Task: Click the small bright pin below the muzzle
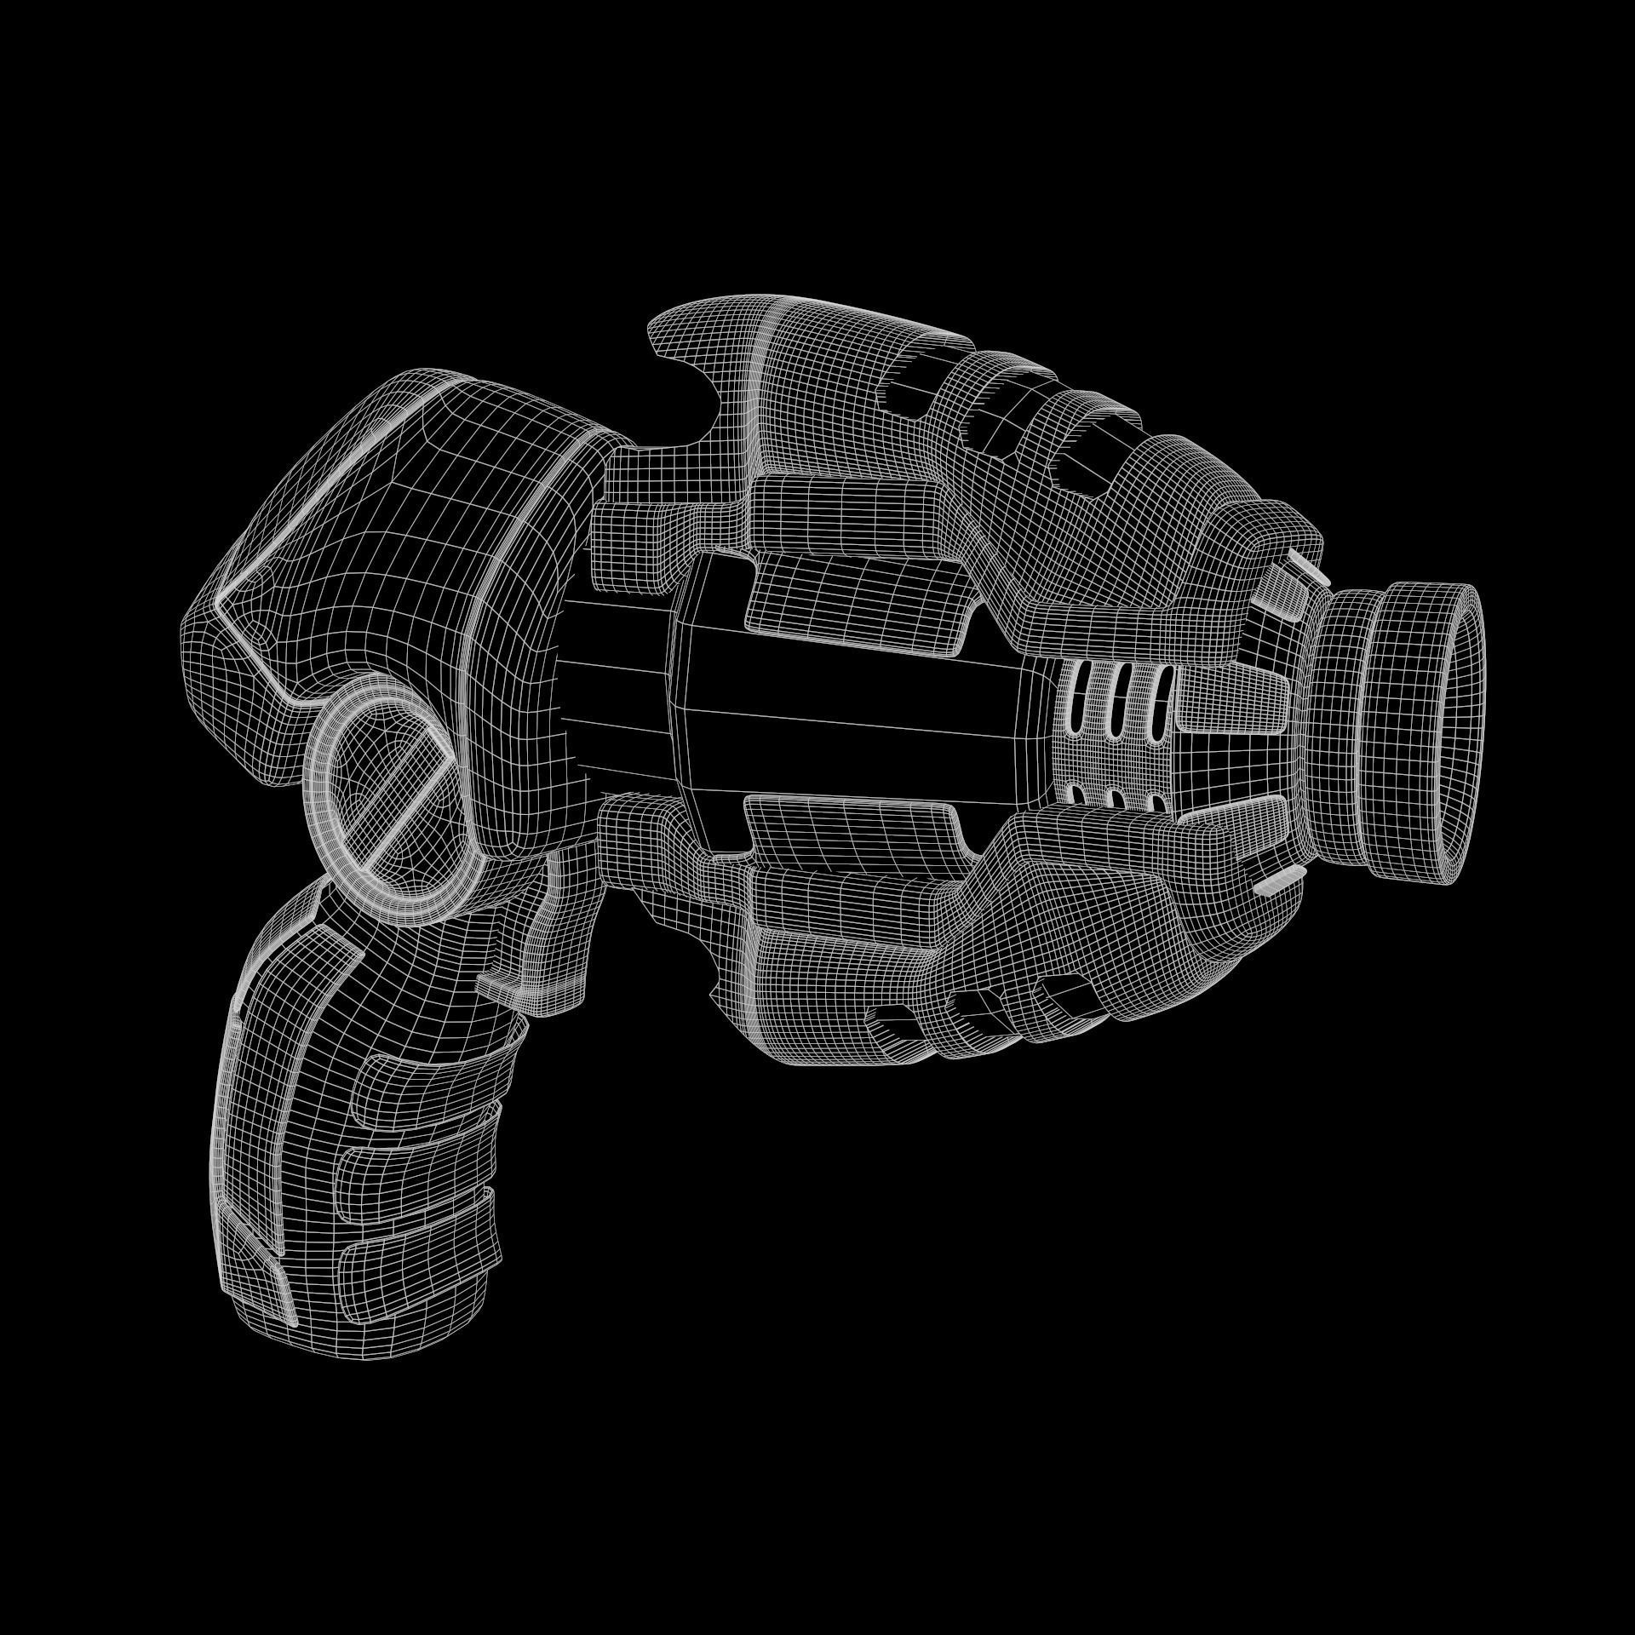1276,886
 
